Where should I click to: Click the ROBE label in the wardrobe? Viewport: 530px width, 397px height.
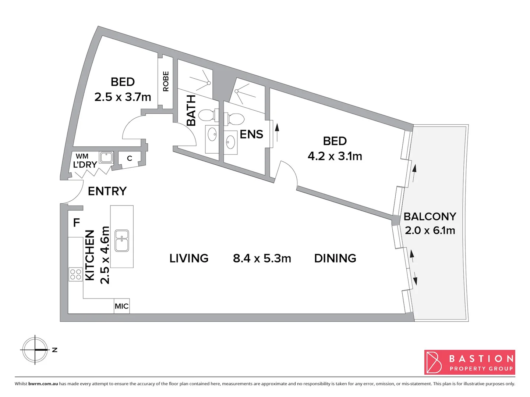tap(166, 81)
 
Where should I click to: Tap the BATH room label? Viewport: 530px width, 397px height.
tap(191, 110)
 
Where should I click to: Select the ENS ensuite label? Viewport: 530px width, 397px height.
tap(251, 135)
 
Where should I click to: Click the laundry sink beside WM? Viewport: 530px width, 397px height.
tap(106, 157)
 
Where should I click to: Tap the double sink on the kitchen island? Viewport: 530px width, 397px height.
tap(122, 240)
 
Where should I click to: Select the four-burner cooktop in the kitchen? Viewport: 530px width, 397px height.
tap(75, 275)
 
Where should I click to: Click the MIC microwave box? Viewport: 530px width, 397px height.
tap(121, 306)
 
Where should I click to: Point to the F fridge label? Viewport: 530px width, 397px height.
tap(76, 222)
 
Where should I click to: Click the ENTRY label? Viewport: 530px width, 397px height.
tap(107, 191)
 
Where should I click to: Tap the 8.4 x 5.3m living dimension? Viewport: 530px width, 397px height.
tap(262, 258)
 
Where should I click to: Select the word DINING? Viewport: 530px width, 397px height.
tap(335, 258)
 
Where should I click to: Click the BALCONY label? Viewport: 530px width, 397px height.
tap(430, 217)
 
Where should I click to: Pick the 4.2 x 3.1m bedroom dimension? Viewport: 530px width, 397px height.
tap(335, 156)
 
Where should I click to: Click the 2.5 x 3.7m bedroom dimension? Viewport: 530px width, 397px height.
tap(123, 97)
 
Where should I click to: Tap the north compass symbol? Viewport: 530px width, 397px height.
tap(35, 350)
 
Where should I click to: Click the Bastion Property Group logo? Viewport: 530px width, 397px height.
tap(469, 362)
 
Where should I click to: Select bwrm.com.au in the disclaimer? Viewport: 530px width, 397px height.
tap(43, 384)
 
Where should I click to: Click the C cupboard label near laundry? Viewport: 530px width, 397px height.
tap(130, 158)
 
